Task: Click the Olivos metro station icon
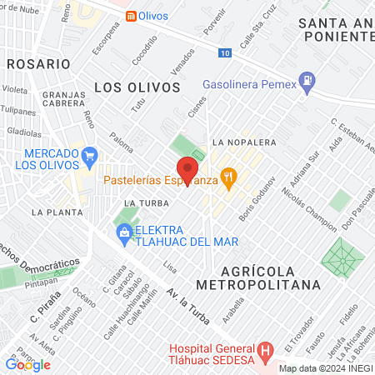pos(132,17)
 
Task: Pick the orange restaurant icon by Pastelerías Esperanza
pos(231,177)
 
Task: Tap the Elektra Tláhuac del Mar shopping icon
pos(123,233)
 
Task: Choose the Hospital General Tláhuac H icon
pos(264,349)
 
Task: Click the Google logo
pos(27,364)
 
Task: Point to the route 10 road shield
pos(226,53)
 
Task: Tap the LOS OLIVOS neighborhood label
pos(137,86)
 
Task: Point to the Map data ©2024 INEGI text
pos(324,368)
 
